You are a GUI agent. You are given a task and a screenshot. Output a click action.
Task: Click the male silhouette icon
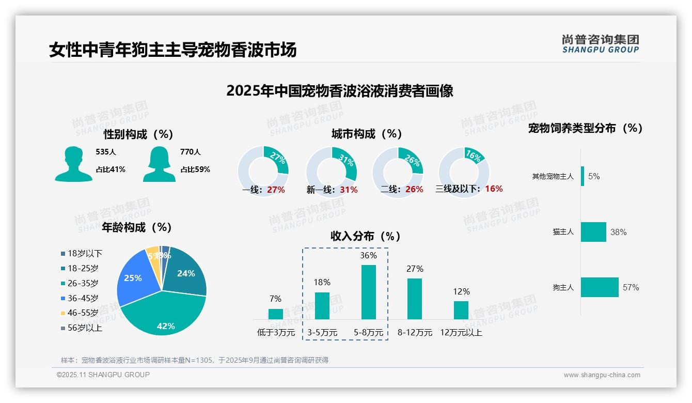tap(73, 164)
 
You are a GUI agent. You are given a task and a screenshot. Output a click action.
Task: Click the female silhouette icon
tap(159, 164)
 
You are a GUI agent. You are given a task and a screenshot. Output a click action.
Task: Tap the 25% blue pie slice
tap(133, 279)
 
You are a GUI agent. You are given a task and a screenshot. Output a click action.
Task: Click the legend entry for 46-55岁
tap(83, 313)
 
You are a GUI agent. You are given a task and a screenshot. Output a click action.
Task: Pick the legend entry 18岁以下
tap(85, 253)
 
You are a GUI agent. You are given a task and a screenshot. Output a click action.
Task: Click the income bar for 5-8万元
tap(368, 292)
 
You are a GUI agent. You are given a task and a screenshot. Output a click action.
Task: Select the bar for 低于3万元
tap(276, 314)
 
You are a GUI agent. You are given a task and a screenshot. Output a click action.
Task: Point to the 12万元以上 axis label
tap(461, 333)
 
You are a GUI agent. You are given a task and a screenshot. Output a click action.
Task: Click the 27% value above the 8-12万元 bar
tap(415, 269)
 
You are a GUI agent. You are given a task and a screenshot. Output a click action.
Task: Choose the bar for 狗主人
tap(600, 287)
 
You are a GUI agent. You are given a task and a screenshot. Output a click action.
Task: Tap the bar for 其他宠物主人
tap(583, 176)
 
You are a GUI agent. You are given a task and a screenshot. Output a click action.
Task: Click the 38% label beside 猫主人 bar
tap(618, 232)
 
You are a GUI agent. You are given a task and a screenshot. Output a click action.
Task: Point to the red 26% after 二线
tap(414, 190)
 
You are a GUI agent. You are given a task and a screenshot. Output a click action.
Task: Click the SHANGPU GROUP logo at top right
tap(600, 44)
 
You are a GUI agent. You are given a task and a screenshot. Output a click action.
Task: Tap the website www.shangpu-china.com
tap(602, 375)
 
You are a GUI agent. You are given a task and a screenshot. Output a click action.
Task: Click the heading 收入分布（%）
tap(366, 237)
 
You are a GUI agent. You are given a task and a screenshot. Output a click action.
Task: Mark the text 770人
tap(191, 152)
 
